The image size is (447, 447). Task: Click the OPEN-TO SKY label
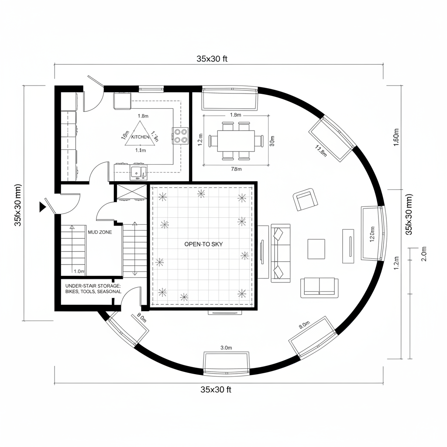pos(203,244)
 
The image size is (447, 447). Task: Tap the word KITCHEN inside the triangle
pos(140,137)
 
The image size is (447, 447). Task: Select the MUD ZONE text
pos(100,232)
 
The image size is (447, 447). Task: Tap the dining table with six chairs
pos(236,141)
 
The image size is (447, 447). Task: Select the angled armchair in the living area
pos(306,199)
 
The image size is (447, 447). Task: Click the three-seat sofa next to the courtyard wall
pos(280,252)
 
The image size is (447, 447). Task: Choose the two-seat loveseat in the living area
pos(319,287)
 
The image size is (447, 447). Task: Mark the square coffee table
pos(316,248)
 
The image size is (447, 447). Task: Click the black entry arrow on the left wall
pos(42,207)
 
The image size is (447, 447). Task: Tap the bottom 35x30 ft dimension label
pos(216,389)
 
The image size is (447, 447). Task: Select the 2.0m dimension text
pos(423,253)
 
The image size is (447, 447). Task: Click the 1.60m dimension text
pos(396,138)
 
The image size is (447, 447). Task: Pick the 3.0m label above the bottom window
pos(226,347)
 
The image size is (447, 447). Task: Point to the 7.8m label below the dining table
pos(236,169)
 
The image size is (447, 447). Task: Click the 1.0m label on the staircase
pos(79,271)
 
